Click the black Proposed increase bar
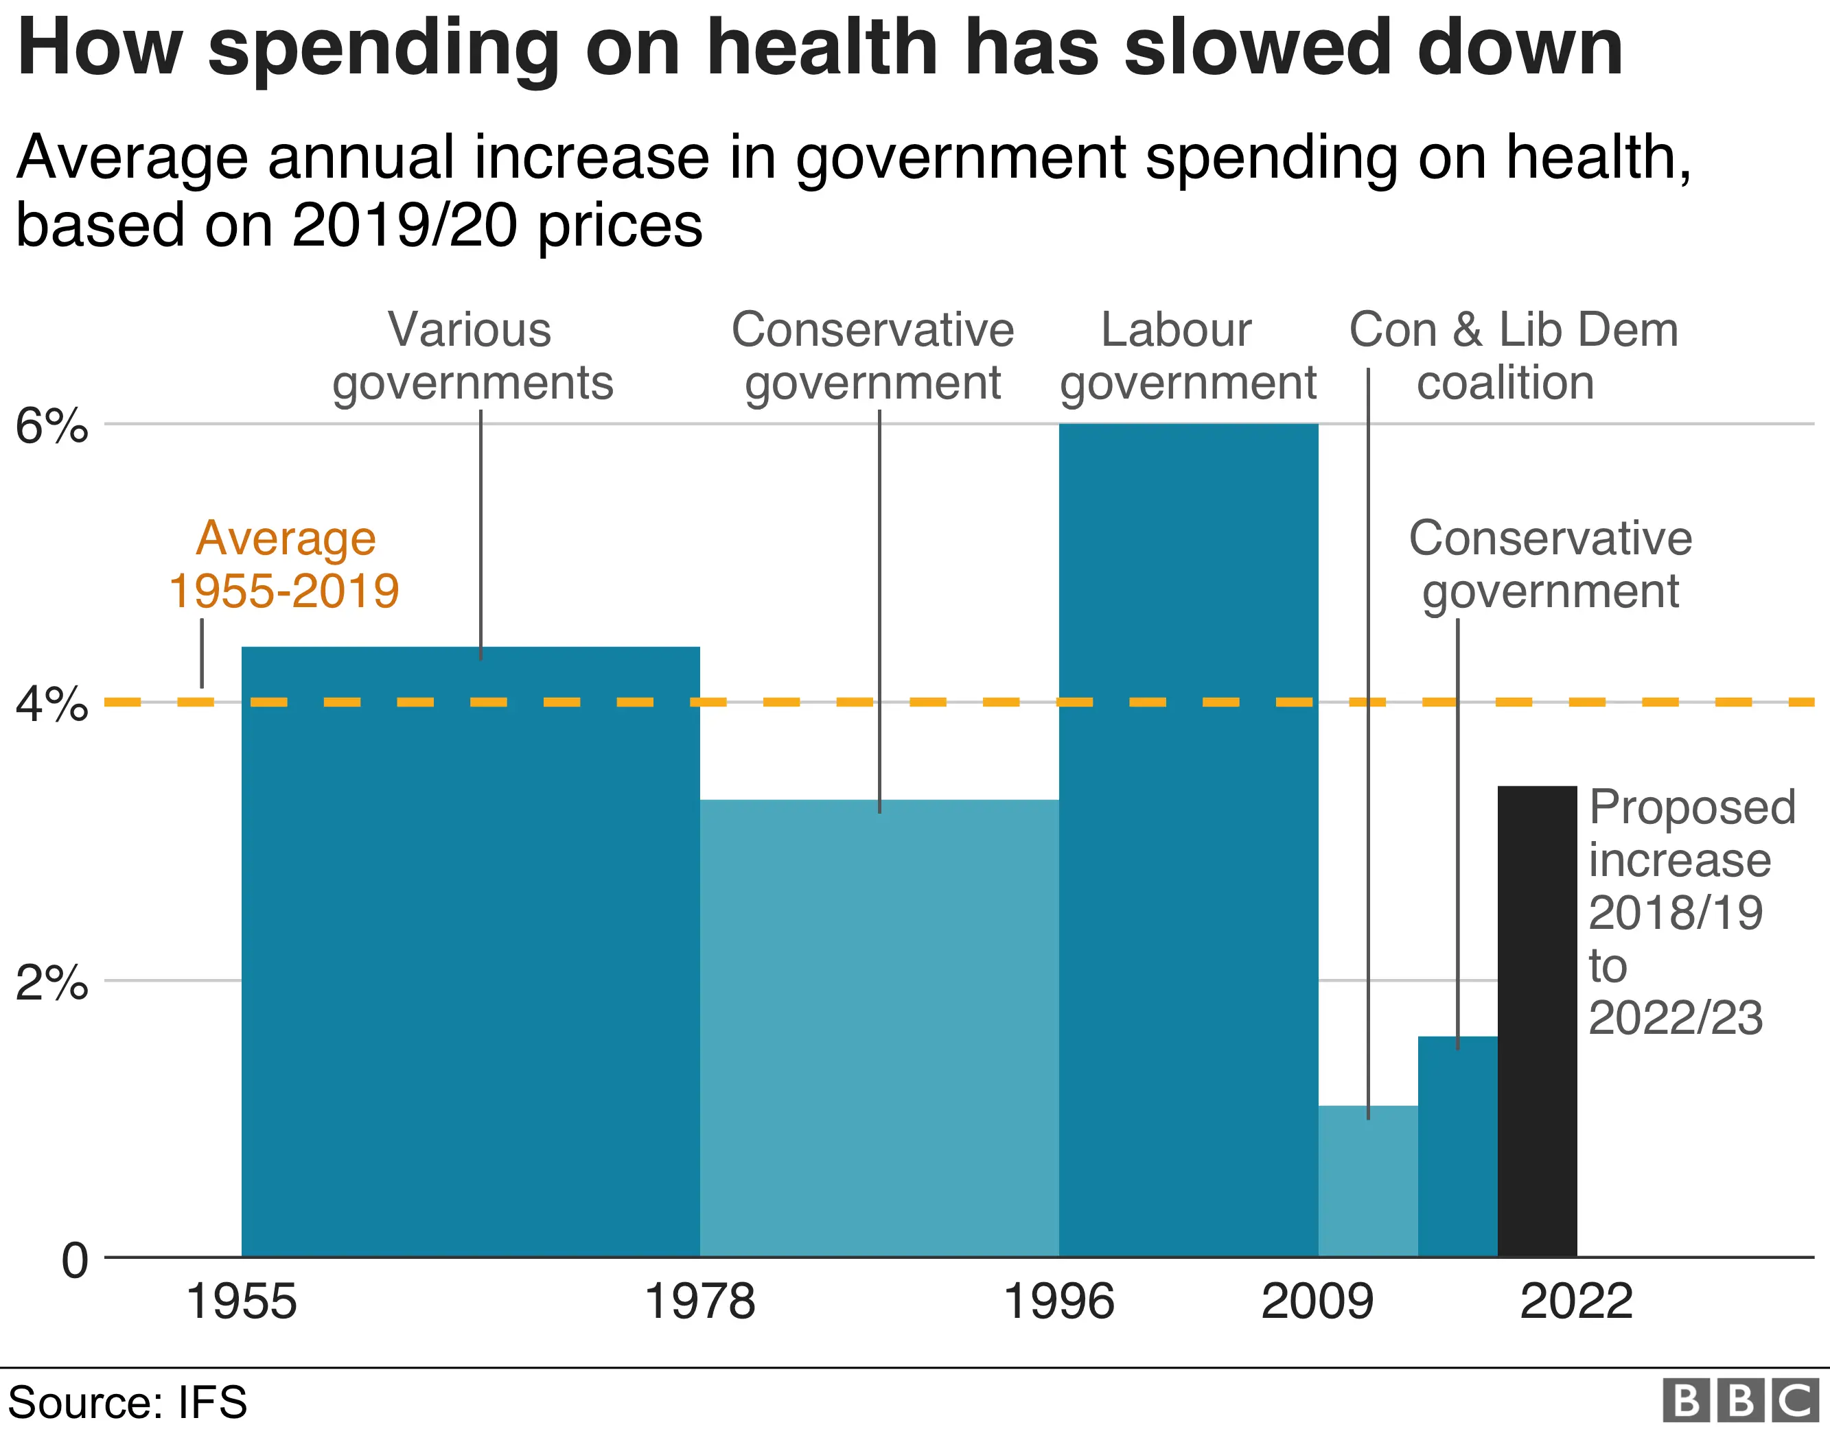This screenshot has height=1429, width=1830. [1537, 1022]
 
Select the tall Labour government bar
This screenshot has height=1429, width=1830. [1188, 838]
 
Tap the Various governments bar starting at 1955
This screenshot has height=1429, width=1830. [470, 955]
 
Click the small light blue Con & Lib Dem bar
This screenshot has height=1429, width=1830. [1367, 1181]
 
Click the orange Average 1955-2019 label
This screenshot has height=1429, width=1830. [285, 565]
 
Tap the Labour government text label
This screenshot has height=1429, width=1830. [1188, 356]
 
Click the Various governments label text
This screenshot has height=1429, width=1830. [472, 356]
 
